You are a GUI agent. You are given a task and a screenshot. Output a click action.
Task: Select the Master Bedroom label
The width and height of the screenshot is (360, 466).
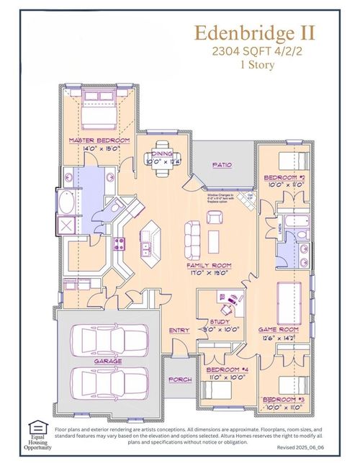[99, 140]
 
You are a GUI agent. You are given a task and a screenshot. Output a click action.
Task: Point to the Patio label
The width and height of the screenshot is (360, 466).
[222, 165]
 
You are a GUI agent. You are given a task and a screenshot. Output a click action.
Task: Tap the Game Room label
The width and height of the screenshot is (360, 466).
[278, 329]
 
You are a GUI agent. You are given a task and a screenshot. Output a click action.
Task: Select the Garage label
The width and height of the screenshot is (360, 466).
[107, 360]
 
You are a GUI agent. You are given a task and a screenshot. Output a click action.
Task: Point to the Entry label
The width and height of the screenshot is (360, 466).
[179, 330]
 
